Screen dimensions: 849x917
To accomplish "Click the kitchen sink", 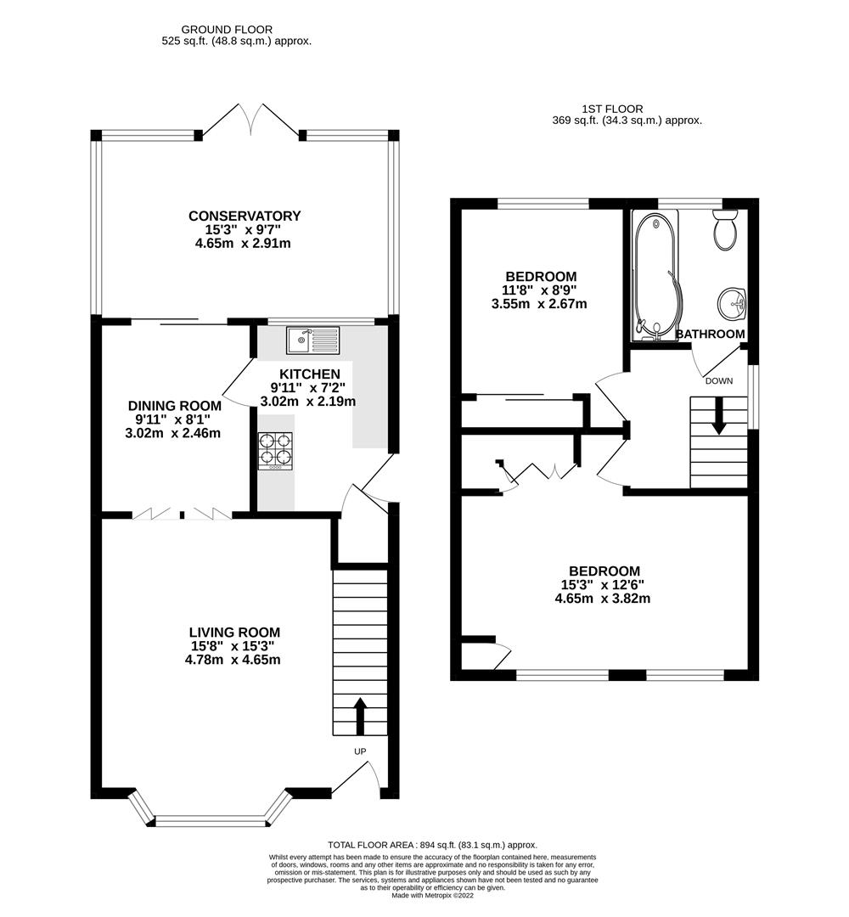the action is (312, 340).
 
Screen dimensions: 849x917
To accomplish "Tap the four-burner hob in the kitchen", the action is (275, 449).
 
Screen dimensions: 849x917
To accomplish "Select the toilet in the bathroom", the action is (726, 230).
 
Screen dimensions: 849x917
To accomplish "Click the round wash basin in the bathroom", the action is (732, 303).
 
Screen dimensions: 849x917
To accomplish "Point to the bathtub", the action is (656, 276).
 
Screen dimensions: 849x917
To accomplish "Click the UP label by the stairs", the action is (360, 751).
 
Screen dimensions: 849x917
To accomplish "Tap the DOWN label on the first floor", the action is (718, 380).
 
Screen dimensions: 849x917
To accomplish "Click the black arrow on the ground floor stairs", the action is (360, 716).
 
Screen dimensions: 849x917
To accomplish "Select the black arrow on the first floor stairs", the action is (718, 415).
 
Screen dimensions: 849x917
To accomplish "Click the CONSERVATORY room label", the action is (245, 216).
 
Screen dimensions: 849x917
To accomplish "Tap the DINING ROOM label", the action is (175, 406).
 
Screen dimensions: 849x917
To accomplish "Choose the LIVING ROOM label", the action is (234, 633).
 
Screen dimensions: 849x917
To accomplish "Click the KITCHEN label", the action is (310, 374).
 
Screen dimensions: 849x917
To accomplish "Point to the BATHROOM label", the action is (711, 334).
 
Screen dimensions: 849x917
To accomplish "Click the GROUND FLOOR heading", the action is (227, 29).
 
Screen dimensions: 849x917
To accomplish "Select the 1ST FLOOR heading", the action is (612, 109).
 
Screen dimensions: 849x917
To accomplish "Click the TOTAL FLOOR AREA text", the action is (432, 845).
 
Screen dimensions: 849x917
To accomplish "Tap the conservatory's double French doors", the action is (250, 120).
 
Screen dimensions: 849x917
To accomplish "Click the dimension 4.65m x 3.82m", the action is (602, 599).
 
